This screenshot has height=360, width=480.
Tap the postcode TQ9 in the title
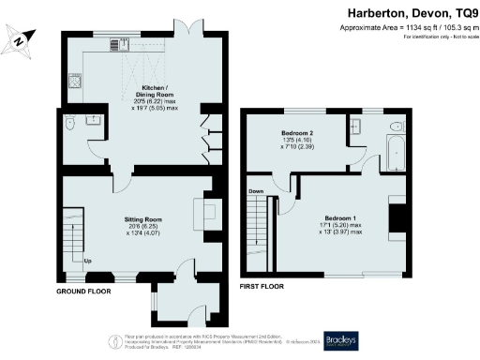tap(459, 13)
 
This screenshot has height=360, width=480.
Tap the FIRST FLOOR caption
tap(266, 284)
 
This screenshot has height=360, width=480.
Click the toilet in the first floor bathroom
tap(395, 126)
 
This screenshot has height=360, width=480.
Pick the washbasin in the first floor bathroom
tap(356, 127)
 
